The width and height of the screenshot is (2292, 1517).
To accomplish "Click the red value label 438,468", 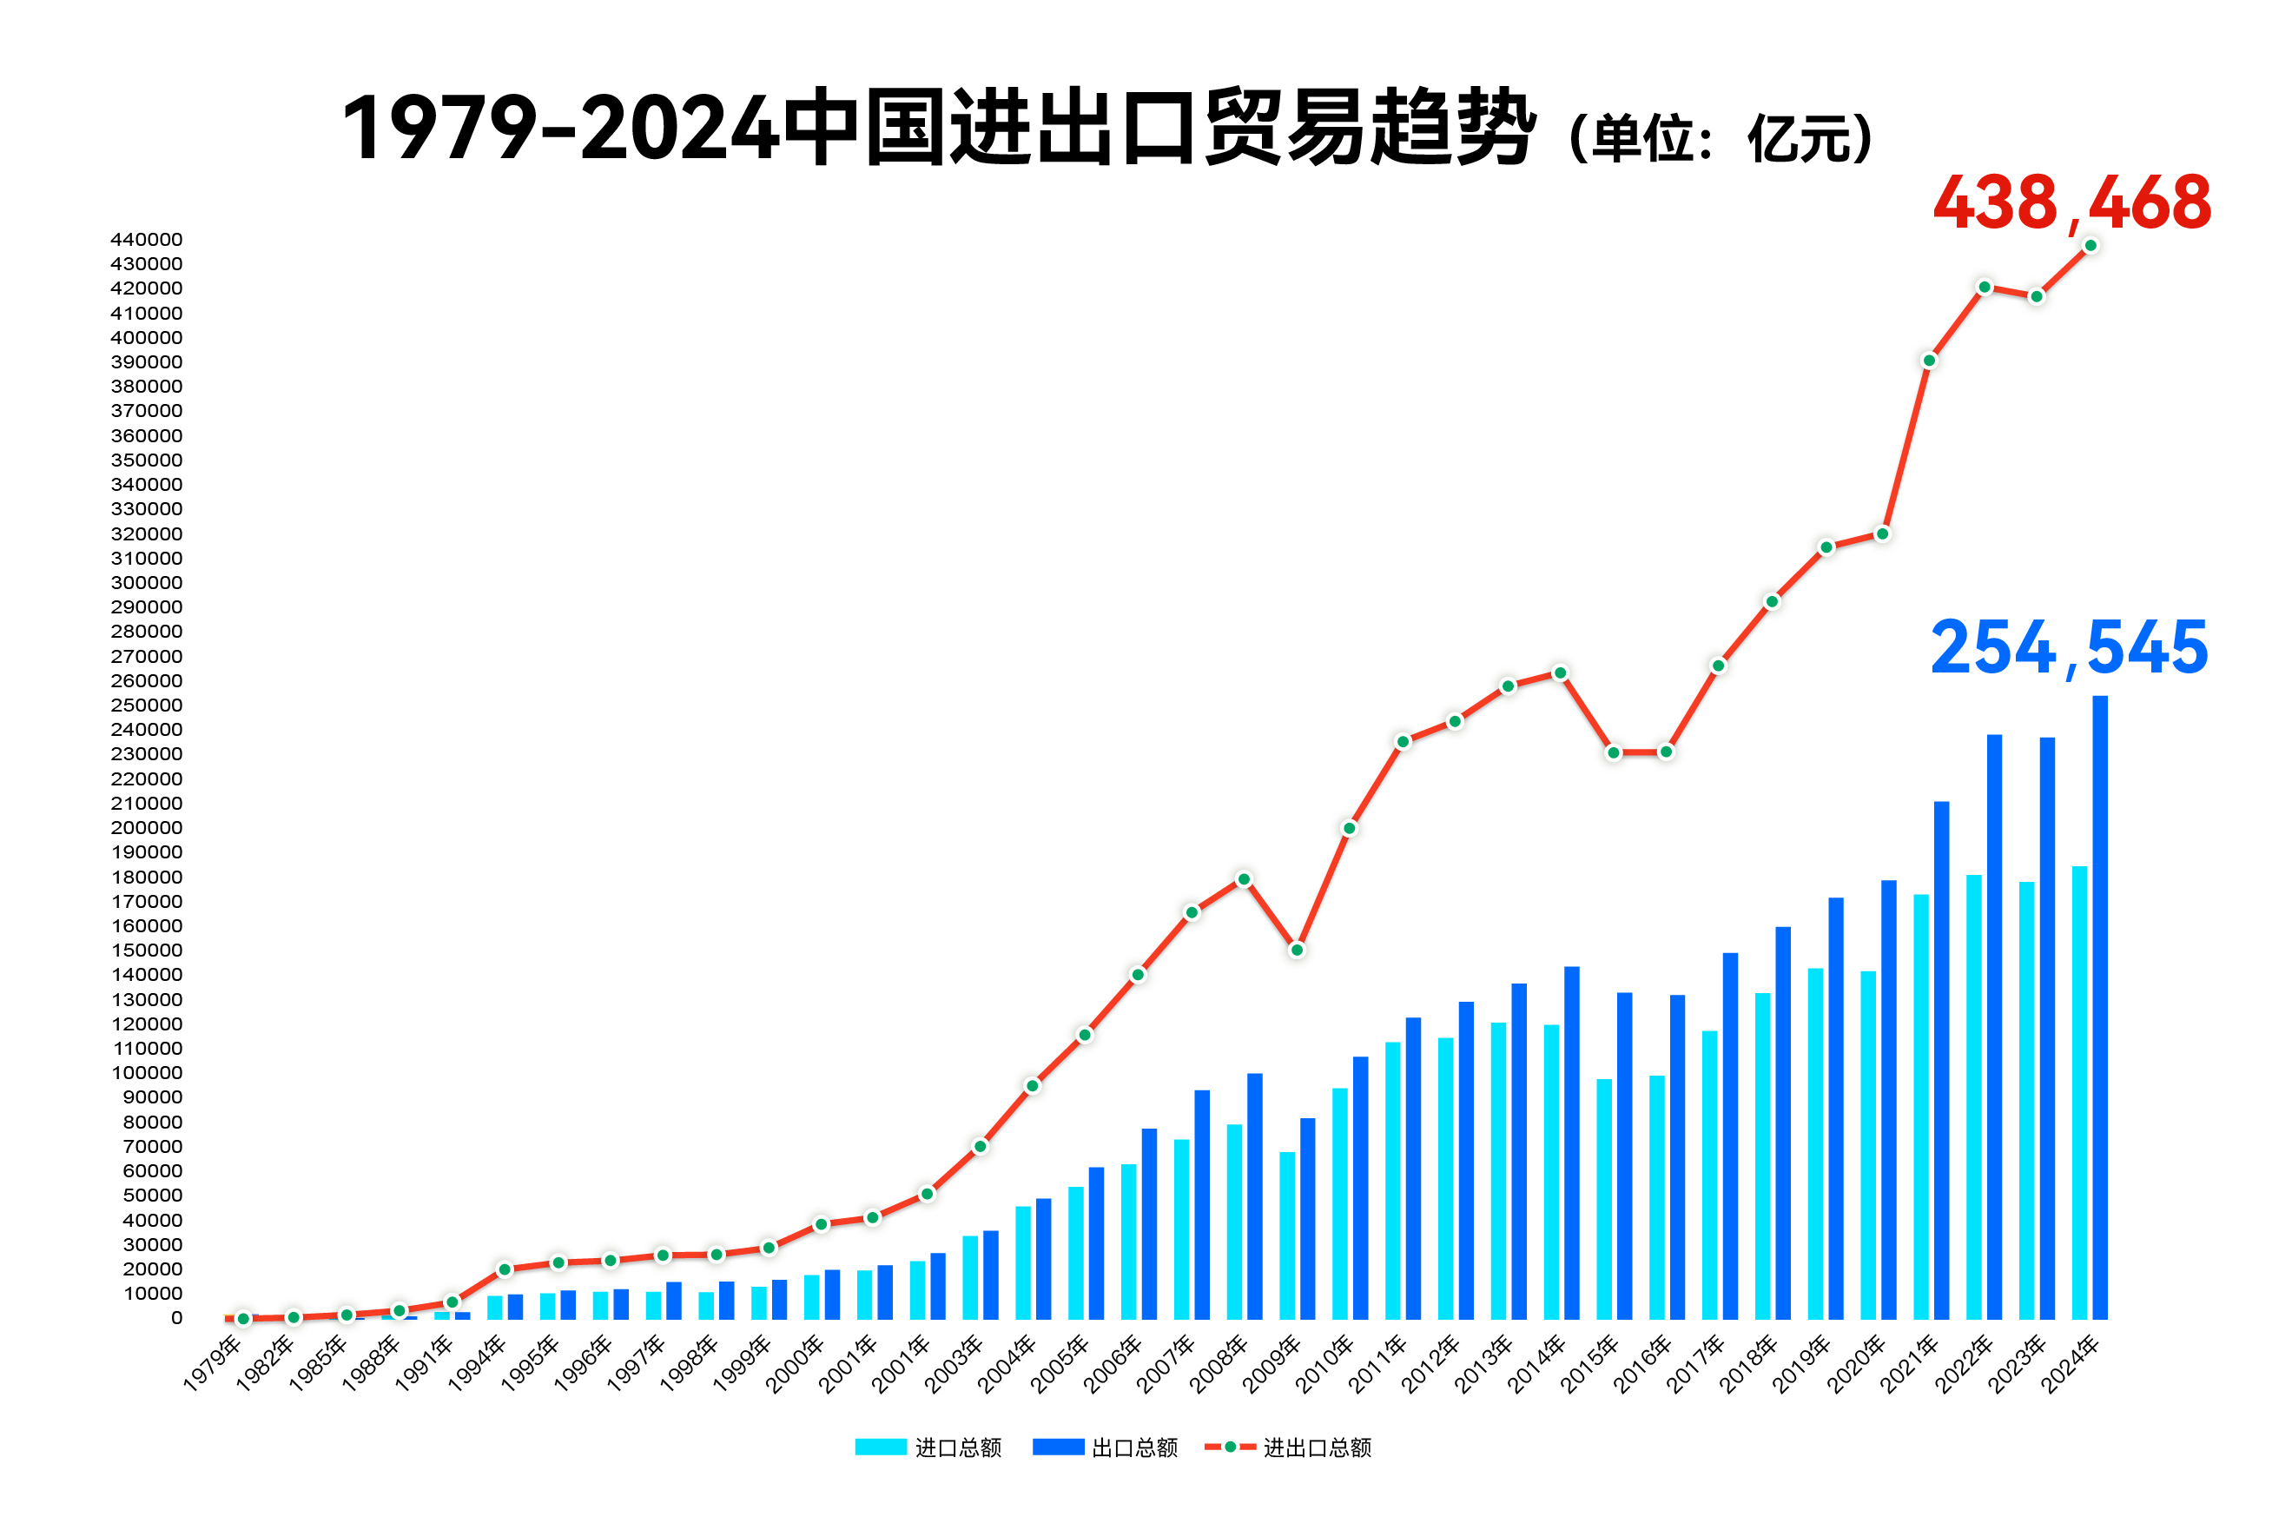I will click(2071, 203).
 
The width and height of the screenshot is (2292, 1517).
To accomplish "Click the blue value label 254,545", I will click(2069, 647).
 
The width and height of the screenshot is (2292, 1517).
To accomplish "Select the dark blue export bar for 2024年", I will click(2099, 1006).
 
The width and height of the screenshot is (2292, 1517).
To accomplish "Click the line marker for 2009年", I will click(1297, 950).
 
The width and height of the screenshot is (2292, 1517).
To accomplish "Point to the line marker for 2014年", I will click(1560, 672).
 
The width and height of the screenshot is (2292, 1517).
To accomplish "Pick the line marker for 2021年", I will click(1928, 361).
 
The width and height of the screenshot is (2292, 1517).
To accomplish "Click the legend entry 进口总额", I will click(928, 1447).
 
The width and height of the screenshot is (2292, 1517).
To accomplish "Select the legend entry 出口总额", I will click(1106, 1447).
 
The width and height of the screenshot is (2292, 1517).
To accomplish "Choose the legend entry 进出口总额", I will click(1288, 1447).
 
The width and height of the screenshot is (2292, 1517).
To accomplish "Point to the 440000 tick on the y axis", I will click(146, 239).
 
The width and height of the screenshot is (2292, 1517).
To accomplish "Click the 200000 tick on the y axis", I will click(146, 827).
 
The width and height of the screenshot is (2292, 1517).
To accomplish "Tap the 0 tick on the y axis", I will click(176, 1318).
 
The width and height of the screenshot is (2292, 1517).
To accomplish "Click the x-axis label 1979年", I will click(213, 1362).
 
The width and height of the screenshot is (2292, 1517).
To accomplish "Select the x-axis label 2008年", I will click(1219, 1362).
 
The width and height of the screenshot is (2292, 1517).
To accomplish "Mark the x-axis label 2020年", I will click(1855, 1362).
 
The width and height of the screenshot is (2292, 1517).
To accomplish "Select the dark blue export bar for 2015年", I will click(1624, 1156).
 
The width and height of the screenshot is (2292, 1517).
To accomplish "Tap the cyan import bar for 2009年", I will click(1287, 1235).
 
